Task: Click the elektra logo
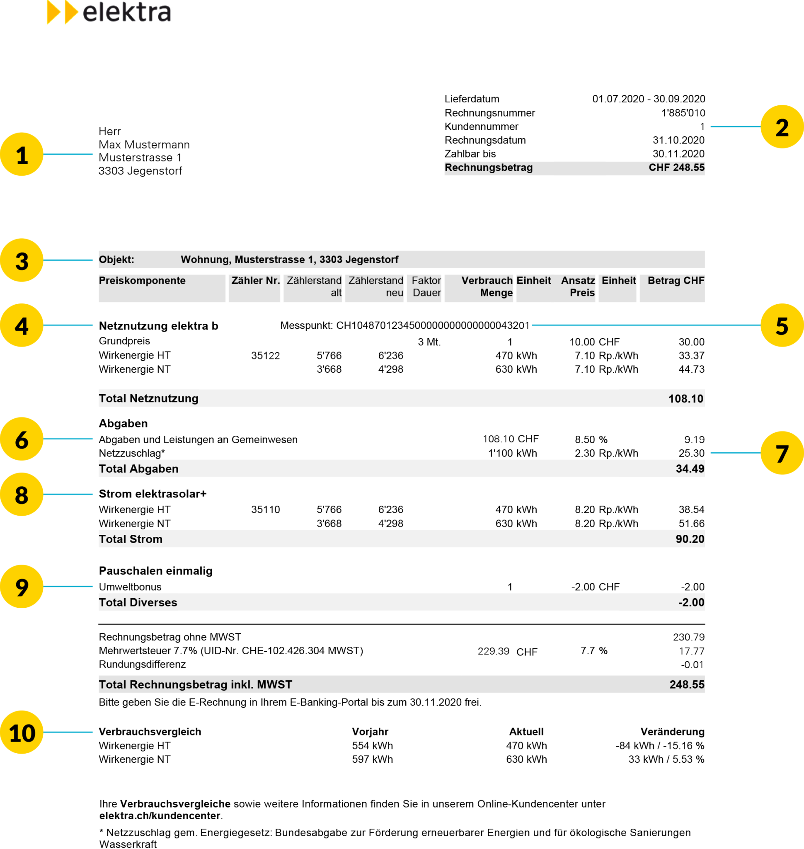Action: tap(109, 13)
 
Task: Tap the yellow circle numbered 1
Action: tap(22, 154)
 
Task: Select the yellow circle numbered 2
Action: tap(782, 127)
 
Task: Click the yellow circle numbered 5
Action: tap(782, 325)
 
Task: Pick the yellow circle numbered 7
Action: tap(782, 453)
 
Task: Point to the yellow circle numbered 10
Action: tap(22, 733)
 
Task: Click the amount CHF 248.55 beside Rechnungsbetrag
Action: tap(676, 167)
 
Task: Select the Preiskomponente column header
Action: tap(142, 281)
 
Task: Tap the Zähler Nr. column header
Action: tap(255, 281)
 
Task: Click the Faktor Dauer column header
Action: tap(426, 286)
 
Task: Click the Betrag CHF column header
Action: tap(676, 281)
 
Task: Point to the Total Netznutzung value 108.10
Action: tap(686, 399)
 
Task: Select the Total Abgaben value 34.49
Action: tap(690, 469)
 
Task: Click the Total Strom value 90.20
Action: tap(690, 539)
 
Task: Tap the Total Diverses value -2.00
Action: tap(691, 602)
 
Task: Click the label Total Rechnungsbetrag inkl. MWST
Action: tap(196, 685)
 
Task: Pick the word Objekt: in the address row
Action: tap(116, 260)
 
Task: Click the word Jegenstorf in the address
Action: tap(372, 260)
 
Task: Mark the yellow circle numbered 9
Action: tap(22, 587)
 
